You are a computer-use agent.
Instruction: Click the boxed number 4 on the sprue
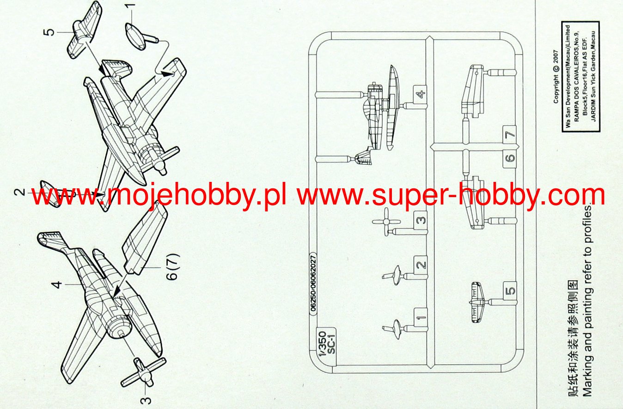point(420,95)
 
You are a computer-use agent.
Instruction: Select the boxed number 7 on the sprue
point(510,135)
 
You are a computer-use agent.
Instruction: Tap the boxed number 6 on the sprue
point(510,158)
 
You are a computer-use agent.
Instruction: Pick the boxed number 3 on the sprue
point(420,220)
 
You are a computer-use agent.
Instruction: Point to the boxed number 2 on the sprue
point(420,265)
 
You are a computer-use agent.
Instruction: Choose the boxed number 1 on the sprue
point(420,317)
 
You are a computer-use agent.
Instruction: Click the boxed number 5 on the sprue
point(510,291)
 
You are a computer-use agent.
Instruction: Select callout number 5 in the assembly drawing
point(49,32)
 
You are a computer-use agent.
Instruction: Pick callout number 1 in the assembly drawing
point(131,7)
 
